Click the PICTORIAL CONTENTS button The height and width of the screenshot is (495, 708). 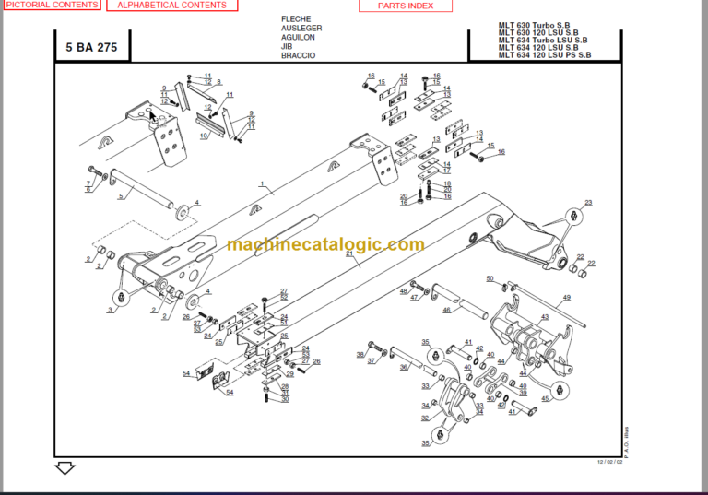click(50, 6)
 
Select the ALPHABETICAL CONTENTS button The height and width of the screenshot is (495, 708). click(171, 6)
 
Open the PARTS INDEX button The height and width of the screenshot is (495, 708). click(405, 6)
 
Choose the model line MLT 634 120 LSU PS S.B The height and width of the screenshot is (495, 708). click(545, 55)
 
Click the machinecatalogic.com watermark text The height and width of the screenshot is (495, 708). click(325, 245)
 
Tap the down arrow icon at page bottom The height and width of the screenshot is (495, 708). click(65, 468)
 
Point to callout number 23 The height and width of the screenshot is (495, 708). click(588, 202)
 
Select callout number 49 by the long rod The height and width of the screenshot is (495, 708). click(567, 297)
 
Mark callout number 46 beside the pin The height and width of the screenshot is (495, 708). click(446, 311)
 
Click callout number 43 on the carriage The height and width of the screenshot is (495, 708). click(544, 317)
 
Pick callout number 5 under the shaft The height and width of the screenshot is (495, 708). click(120, 196)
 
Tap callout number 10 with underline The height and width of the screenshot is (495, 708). click(204, 136)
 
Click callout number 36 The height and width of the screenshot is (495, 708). click(403, 368)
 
